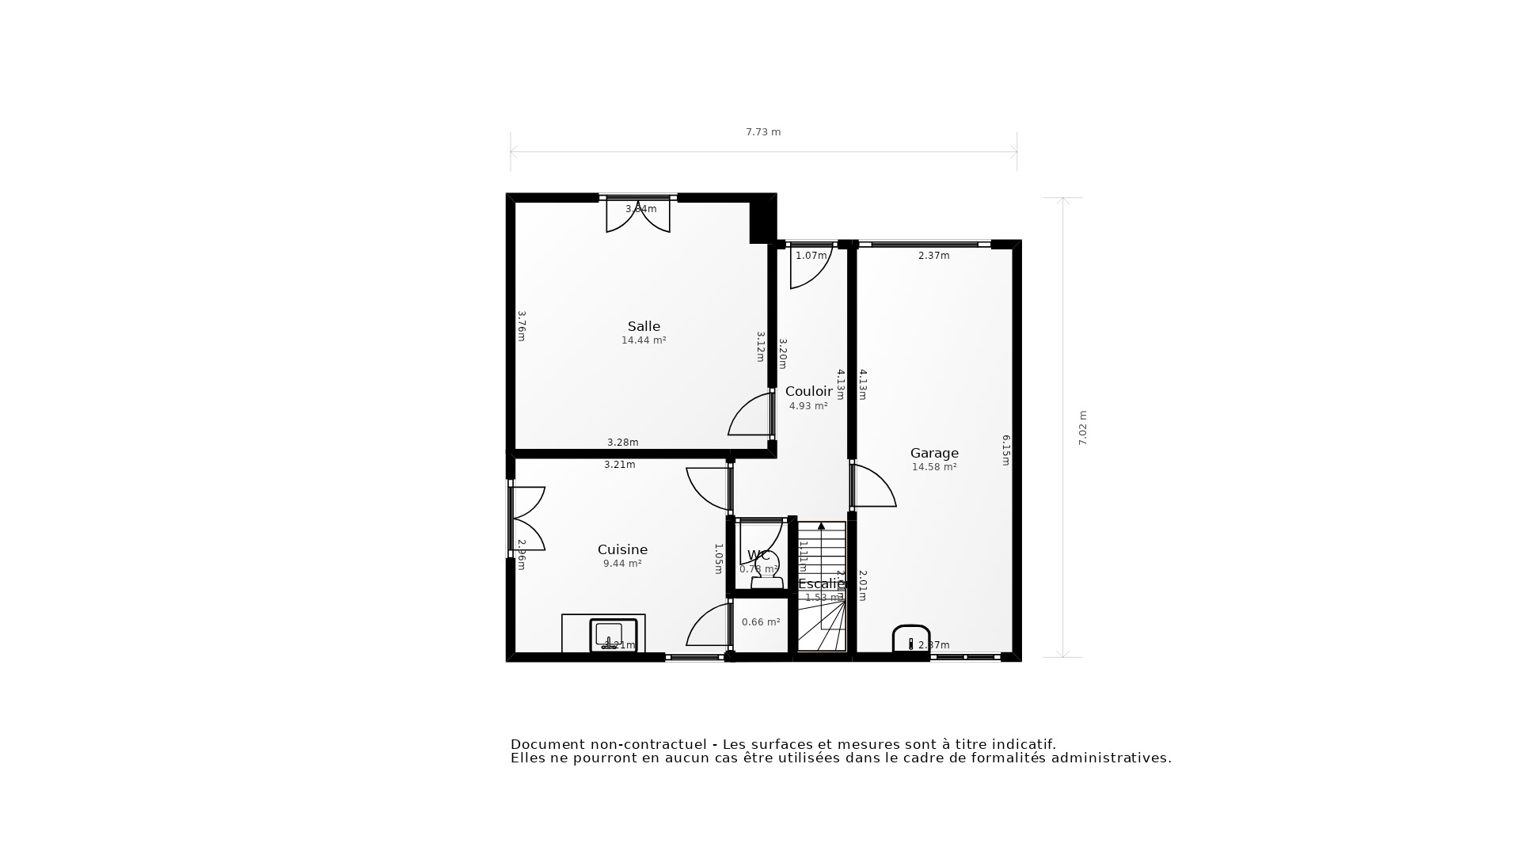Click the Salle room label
pyautogui.click(x=644, y=326)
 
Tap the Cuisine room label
pyautogui.click(x=622, y=549)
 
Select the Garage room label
pyautogui.click(x=934, y=453)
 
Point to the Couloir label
pyautogui.click(x=808, y=391)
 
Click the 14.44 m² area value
pyautogui.click(x=644, y=340)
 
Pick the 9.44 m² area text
pyautogui.click(x=622, y=564)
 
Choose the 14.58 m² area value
pyautogui.click(x=934, y=467)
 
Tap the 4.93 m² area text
pyautogui.click(x=808, y=406)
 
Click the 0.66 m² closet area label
pyautogui.click(x=761, y=622)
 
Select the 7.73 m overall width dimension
pyautogui.click(x=763, y=132)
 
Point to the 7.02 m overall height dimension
pyautogui.click(x=1083, y=427)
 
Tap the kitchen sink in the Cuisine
pyautogui.click(x=613, y=634)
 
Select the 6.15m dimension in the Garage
pyautogui.click(x=1006, y=450)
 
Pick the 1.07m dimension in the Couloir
pyautogui.click(x=811, y=256)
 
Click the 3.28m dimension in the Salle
pyautogui.click(x=622, y=443)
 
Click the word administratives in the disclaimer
pyautogui.click(x=1115, y=758)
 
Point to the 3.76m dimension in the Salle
pyautogui.click(x=522, y=325)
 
